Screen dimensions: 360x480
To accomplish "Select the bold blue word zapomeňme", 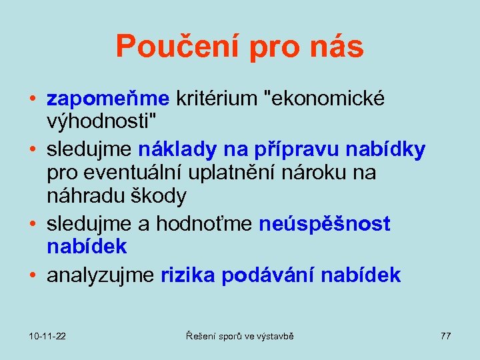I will (x=109, y=99).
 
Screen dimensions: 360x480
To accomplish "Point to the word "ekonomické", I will (x=325, y=99).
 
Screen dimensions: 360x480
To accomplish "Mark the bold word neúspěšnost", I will (x=325, y=225).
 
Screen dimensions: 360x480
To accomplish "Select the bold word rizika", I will (x=189, y=275).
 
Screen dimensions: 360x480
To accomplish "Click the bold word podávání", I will (x=271, y=275).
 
